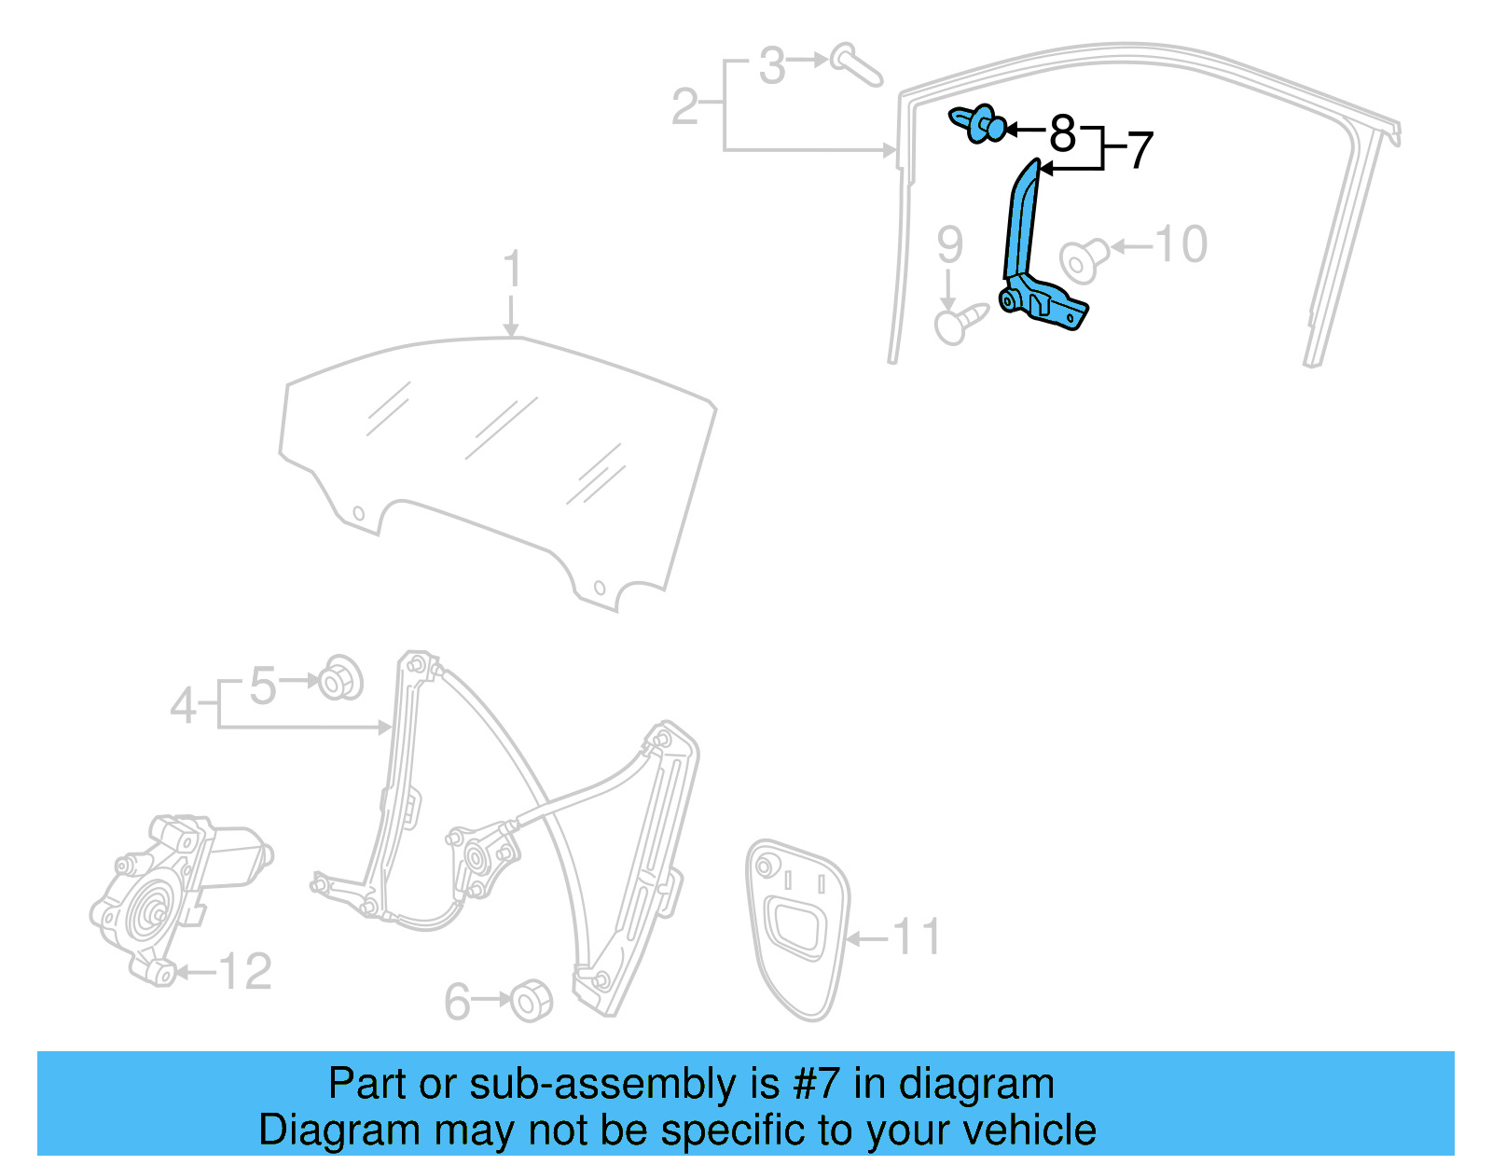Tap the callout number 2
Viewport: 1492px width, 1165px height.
click(x=684, y=106)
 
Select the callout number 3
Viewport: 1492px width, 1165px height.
click(x=771, y=66)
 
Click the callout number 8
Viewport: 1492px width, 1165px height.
click(x=1062, y=133)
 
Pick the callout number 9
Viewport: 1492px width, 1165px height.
click(x=949, y=244)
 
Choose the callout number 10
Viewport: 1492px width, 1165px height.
click(x=1181, y=244)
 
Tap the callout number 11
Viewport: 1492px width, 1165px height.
click(x=917, y=936)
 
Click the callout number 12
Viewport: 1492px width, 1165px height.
click(x=245, y=972)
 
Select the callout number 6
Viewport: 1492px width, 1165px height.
click(x=457, y=1002)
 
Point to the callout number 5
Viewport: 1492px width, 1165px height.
click(x=263, y=686)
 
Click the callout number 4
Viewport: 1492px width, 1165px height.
click(x=184, y=705)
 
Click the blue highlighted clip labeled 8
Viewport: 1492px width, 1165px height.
click(x=979, y=123)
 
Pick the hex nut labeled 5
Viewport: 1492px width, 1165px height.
click(x=341, y=678)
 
